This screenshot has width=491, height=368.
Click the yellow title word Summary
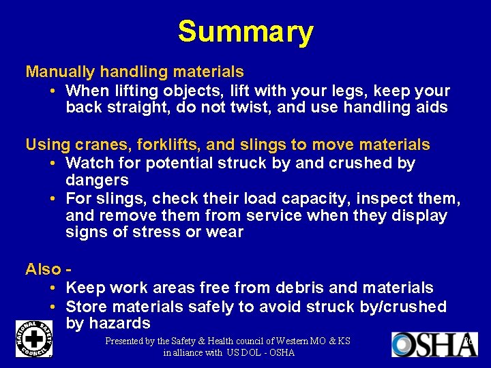[x=245, y=32]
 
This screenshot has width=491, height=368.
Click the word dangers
[x=97, y=181]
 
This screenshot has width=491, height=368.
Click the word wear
[x=225, y=232]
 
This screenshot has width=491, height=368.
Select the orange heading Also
[x=44, y=269]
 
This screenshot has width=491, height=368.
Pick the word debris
[x=298, y=288]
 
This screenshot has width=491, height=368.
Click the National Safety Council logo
[x=33, y=339]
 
